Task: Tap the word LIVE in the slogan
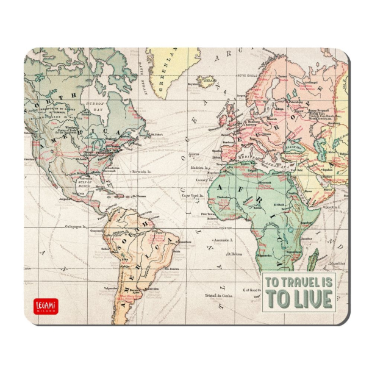(310, 299)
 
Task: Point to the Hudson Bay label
(95, 107)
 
